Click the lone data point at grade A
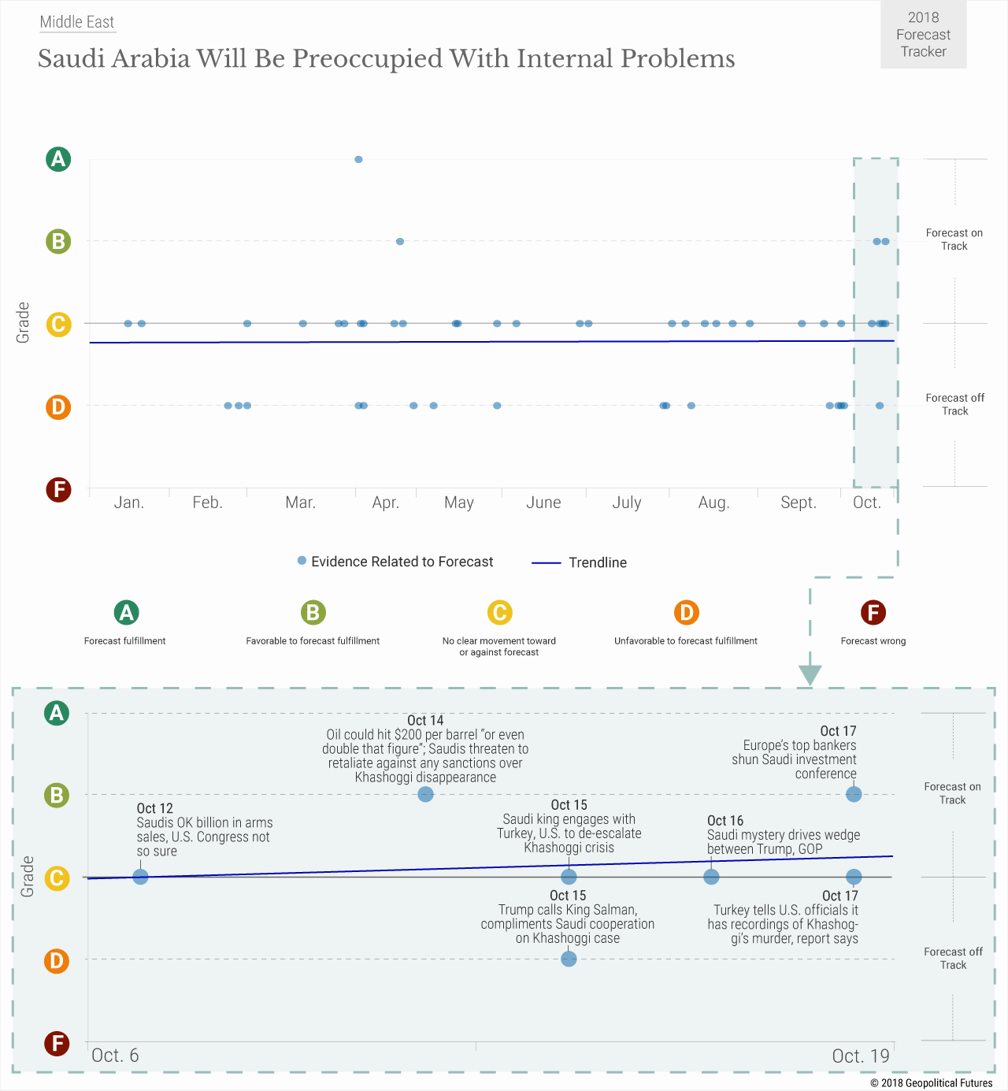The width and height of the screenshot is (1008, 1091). (x=358, y=159)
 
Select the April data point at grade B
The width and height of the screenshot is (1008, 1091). (x=400, y=241)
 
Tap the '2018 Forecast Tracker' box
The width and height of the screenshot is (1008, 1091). (x=923, y=35)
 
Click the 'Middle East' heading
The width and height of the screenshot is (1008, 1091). (x=77, y=22)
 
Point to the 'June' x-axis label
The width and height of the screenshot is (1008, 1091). (x=543, y=503)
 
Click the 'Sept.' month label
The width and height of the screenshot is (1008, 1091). (x=798, y=503)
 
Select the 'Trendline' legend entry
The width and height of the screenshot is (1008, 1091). (x=580, y=562)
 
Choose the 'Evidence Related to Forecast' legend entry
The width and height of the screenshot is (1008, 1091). (x=395, y=562)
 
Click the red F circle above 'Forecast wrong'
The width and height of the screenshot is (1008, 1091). (x=873, y=612)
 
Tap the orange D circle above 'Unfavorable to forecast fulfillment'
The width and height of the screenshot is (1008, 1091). (x=686, y=612)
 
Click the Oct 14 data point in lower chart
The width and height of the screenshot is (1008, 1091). (x=425, y=794)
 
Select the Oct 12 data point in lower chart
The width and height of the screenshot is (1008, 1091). (x=140, y=877)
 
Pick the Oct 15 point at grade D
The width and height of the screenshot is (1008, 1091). (x=569, y=959)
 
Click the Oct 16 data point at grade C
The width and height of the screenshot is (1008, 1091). (x=711, y=877)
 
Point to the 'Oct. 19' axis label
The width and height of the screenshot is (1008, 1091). (x=861, y=1056)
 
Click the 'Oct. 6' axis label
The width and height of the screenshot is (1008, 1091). (x=115, y=1056)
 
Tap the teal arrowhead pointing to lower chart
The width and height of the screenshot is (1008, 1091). (x=810, y=675)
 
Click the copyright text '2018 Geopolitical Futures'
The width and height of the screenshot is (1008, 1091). (x=931, y=1083)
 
